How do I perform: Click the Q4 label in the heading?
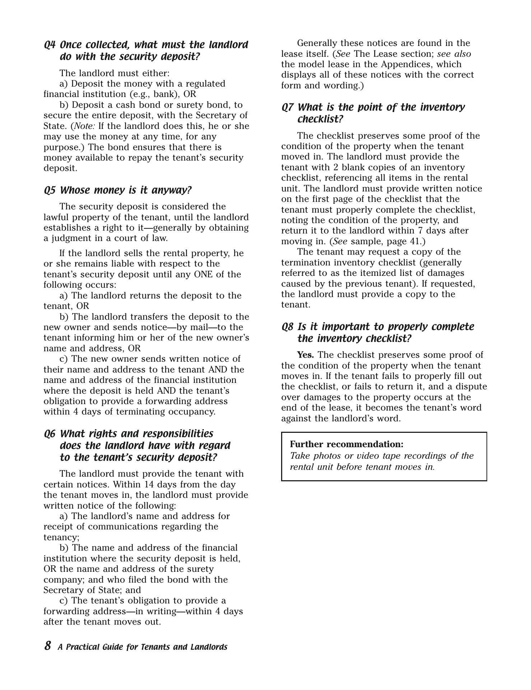(x=50, y=45)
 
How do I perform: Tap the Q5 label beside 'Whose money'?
(x=50, y=190)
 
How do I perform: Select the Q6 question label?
(x=50, y=434)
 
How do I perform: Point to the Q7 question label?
(x=287, y=107)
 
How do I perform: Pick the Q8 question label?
(x=287, y=327)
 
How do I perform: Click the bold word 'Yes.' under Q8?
(x=305, y=355)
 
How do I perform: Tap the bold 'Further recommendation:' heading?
(x=346, y=444)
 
